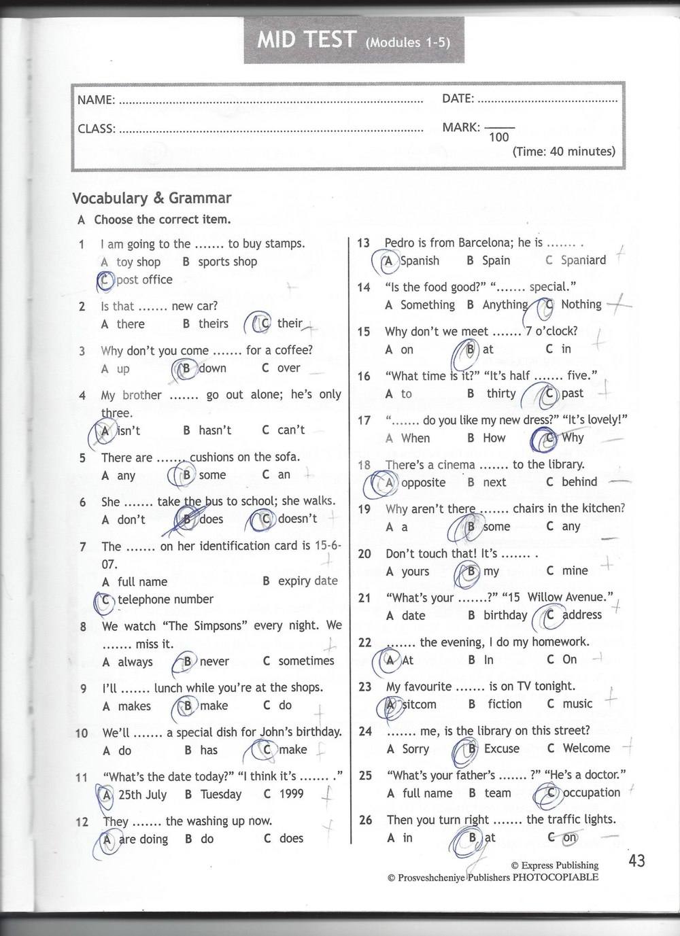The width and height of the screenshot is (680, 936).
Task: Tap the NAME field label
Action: coord(96,100)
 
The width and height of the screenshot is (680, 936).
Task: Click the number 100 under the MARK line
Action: coord(498,137)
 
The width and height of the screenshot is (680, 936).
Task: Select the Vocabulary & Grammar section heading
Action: coord(152,198)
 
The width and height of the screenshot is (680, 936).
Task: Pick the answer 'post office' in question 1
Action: coord(144,280)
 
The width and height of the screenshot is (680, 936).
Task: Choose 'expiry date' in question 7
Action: coord(307,581)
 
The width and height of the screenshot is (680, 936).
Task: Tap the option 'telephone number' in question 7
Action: coord(165,600)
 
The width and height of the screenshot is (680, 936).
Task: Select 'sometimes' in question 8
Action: coord(307,661)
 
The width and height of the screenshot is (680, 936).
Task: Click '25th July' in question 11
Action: coord(142,794)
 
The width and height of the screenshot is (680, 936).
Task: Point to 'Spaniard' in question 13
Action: coord(583,260)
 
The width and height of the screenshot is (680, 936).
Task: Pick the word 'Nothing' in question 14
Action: coord(581,305)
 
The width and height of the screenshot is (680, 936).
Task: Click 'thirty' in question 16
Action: coord(501,394)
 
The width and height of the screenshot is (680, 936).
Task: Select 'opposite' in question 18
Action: coord(423,483)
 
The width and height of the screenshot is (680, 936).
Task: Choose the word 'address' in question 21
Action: coord(582,614)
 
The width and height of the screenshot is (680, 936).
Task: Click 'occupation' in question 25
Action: coord(591,793)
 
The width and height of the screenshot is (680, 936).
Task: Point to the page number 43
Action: coord(636,861)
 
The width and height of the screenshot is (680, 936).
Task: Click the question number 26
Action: coord(365,820)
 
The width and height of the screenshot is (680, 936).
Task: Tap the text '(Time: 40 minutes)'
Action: coord(564,152)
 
